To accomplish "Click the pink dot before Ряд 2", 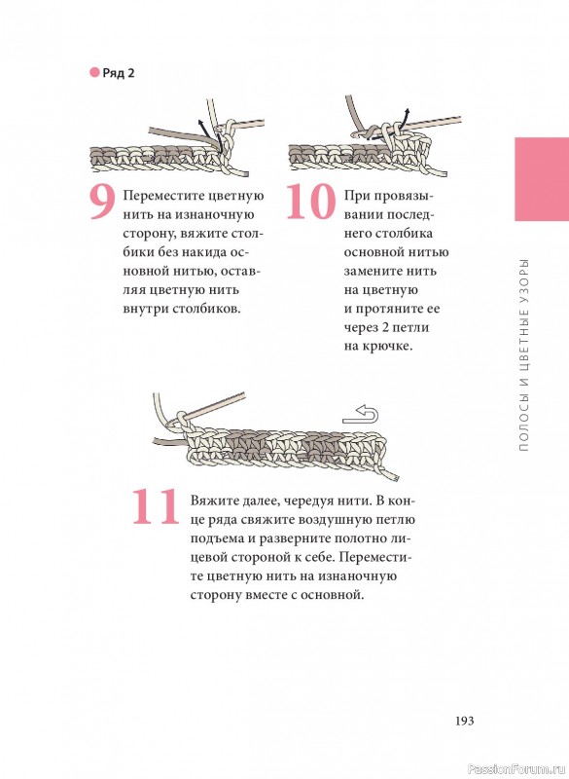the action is [94, 72].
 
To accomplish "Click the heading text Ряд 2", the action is [118, 73].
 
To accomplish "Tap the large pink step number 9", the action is [102, 203].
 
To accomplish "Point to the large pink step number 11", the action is [155, 506].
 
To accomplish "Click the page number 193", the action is [464, 721].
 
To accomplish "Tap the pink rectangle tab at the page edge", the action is [542, 179].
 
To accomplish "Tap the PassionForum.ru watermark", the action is [516, 769].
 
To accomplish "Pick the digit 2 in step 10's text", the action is [381, 327].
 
